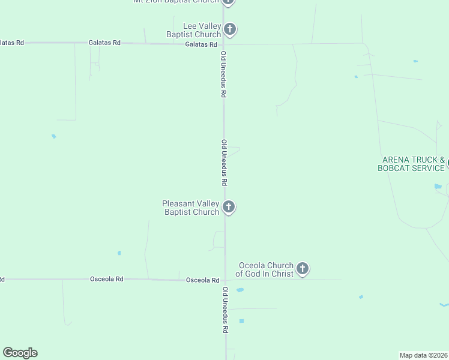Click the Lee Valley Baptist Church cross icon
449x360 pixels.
tap(229, 29)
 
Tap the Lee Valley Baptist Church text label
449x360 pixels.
tap(193, 30)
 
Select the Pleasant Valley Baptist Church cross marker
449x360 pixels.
tap(228, 207)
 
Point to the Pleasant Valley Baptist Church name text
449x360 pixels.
tap(191, 208)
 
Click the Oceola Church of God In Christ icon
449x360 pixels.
tap(303, 269)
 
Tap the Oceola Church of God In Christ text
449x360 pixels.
tap(264, 269)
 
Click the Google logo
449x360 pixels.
tap(20, 353)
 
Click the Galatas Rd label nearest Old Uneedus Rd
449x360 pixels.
tap(201, 44)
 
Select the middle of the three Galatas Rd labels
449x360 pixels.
tap(104, 43)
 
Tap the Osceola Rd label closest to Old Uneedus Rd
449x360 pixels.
tap(202, 280)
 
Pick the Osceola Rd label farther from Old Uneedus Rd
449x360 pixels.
tap(107, 279)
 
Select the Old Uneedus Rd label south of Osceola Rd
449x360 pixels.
tap(225, 310)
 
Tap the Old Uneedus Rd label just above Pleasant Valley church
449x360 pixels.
tap(224, 163)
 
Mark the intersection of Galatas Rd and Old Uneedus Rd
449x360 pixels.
tap(223, 44)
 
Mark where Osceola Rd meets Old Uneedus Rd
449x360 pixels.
tap(225, 280)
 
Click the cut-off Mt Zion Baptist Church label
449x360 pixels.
tap(177, 2)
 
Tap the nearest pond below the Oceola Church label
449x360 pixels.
tap(240, 290)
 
